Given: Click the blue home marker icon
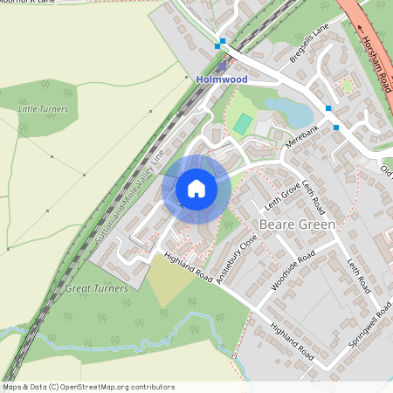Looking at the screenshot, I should click(196, 189).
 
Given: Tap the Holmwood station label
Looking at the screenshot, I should click(222, 79).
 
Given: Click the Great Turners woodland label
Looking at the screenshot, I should click(96, 287).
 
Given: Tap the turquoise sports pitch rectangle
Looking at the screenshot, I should click(242, 123).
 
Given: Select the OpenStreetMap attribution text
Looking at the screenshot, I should click(87, 387).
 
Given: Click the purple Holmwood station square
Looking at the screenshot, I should click(222, 65).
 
